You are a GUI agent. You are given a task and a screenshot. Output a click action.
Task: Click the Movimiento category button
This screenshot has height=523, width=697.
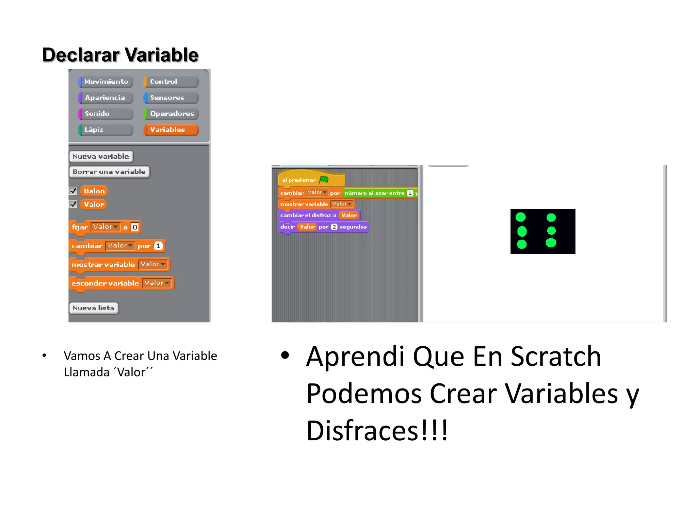coord(106,82)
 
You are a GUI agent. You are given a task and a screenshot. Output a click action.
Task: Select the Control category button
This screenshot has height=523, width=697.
coord(171,82)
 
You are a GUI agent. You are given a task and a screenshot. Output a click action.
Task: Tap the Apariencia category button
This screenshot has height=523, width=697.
coord(106,98)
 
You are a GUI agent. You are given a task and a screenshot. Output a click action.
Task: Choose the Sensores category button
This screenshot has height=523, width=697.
coord(171,98)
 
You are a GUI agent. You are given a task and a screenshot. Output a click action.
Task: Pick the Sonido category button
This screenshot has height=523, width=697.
coord(106,114)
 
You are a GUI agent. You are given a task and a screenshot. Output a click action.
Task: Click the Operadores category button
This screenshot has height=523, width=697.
coord(171,114)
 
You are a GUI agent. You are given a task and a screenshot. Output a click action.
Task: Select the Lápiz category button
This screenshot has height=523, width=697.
coord(106,130)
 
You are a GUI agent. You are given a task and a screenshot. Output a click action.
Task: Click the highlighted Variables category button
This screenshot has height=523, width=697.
coord(171,130)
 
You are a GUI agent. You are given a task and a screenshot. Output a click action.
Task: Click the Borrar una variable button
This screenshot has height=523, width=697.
coord(109,172)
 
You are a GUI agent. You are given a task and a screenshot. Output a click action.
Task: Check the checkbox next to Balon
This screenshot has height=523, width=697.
coord(73,191)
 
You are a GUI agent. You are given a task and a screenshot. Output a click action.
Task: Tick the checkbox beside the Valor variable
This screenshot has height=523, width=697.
coord(73,204)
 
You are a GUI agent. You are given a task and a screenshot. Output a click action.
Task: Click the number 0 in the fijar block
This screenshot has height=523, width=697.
coord(135,227)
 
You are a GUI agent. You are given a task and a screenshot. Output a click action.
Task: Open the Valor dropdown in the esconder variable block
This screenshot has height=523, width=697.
coord(157,283)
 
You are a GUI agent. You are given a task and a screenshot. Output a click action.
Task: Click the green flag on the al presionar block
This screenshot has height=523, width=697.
coord(324,179)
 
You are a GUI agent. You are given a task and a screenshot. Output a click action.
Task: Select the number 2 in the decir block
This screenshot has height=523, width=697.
coord(334,227)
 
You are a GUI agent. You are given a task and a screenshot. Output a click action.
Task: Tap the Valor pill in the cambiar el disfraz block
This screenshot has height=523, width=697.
coord(349,215)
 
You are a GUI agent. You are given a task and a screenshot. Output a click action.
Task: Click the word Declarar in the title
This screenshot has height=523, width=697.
coord(81,55)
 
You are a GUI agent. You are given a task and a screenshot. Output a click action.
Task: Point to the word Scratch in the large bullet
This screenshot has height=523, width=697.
coord(556,356)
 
